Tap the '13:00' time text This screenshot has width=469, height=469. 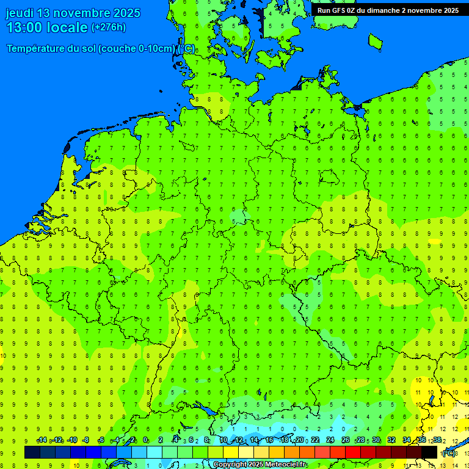[24, 27]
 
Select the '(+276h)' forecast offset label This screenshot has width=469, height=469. [108, 27]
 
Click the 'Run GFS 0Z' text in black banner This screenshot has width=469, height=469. [336, 10]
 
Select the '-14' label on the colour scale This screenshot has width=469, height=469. [42, 440]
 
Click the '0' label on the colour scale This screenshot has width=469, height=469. [145, 440]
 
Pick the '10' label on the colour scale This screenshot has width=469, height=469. [223, 440]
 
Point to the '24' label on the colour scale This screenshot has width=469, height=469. [330, 440]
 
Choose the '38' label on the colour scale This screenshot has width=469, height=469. [437, 440]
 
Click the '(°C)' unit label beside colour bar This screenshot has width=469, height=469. [448, 453]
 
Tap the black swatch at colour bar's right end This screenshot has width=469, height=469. [429, 453]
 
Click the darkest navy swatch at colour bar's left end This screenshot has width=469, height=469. [32, 453]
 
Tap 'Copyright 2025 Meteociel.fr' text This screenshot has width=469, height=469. [260, 465]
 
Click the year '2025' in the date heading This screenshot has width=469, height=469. [124, 13]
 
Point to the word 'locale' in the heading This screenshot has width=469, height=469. [67, 27]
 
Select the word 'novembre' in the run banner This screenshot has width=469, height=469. [423, 10]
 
